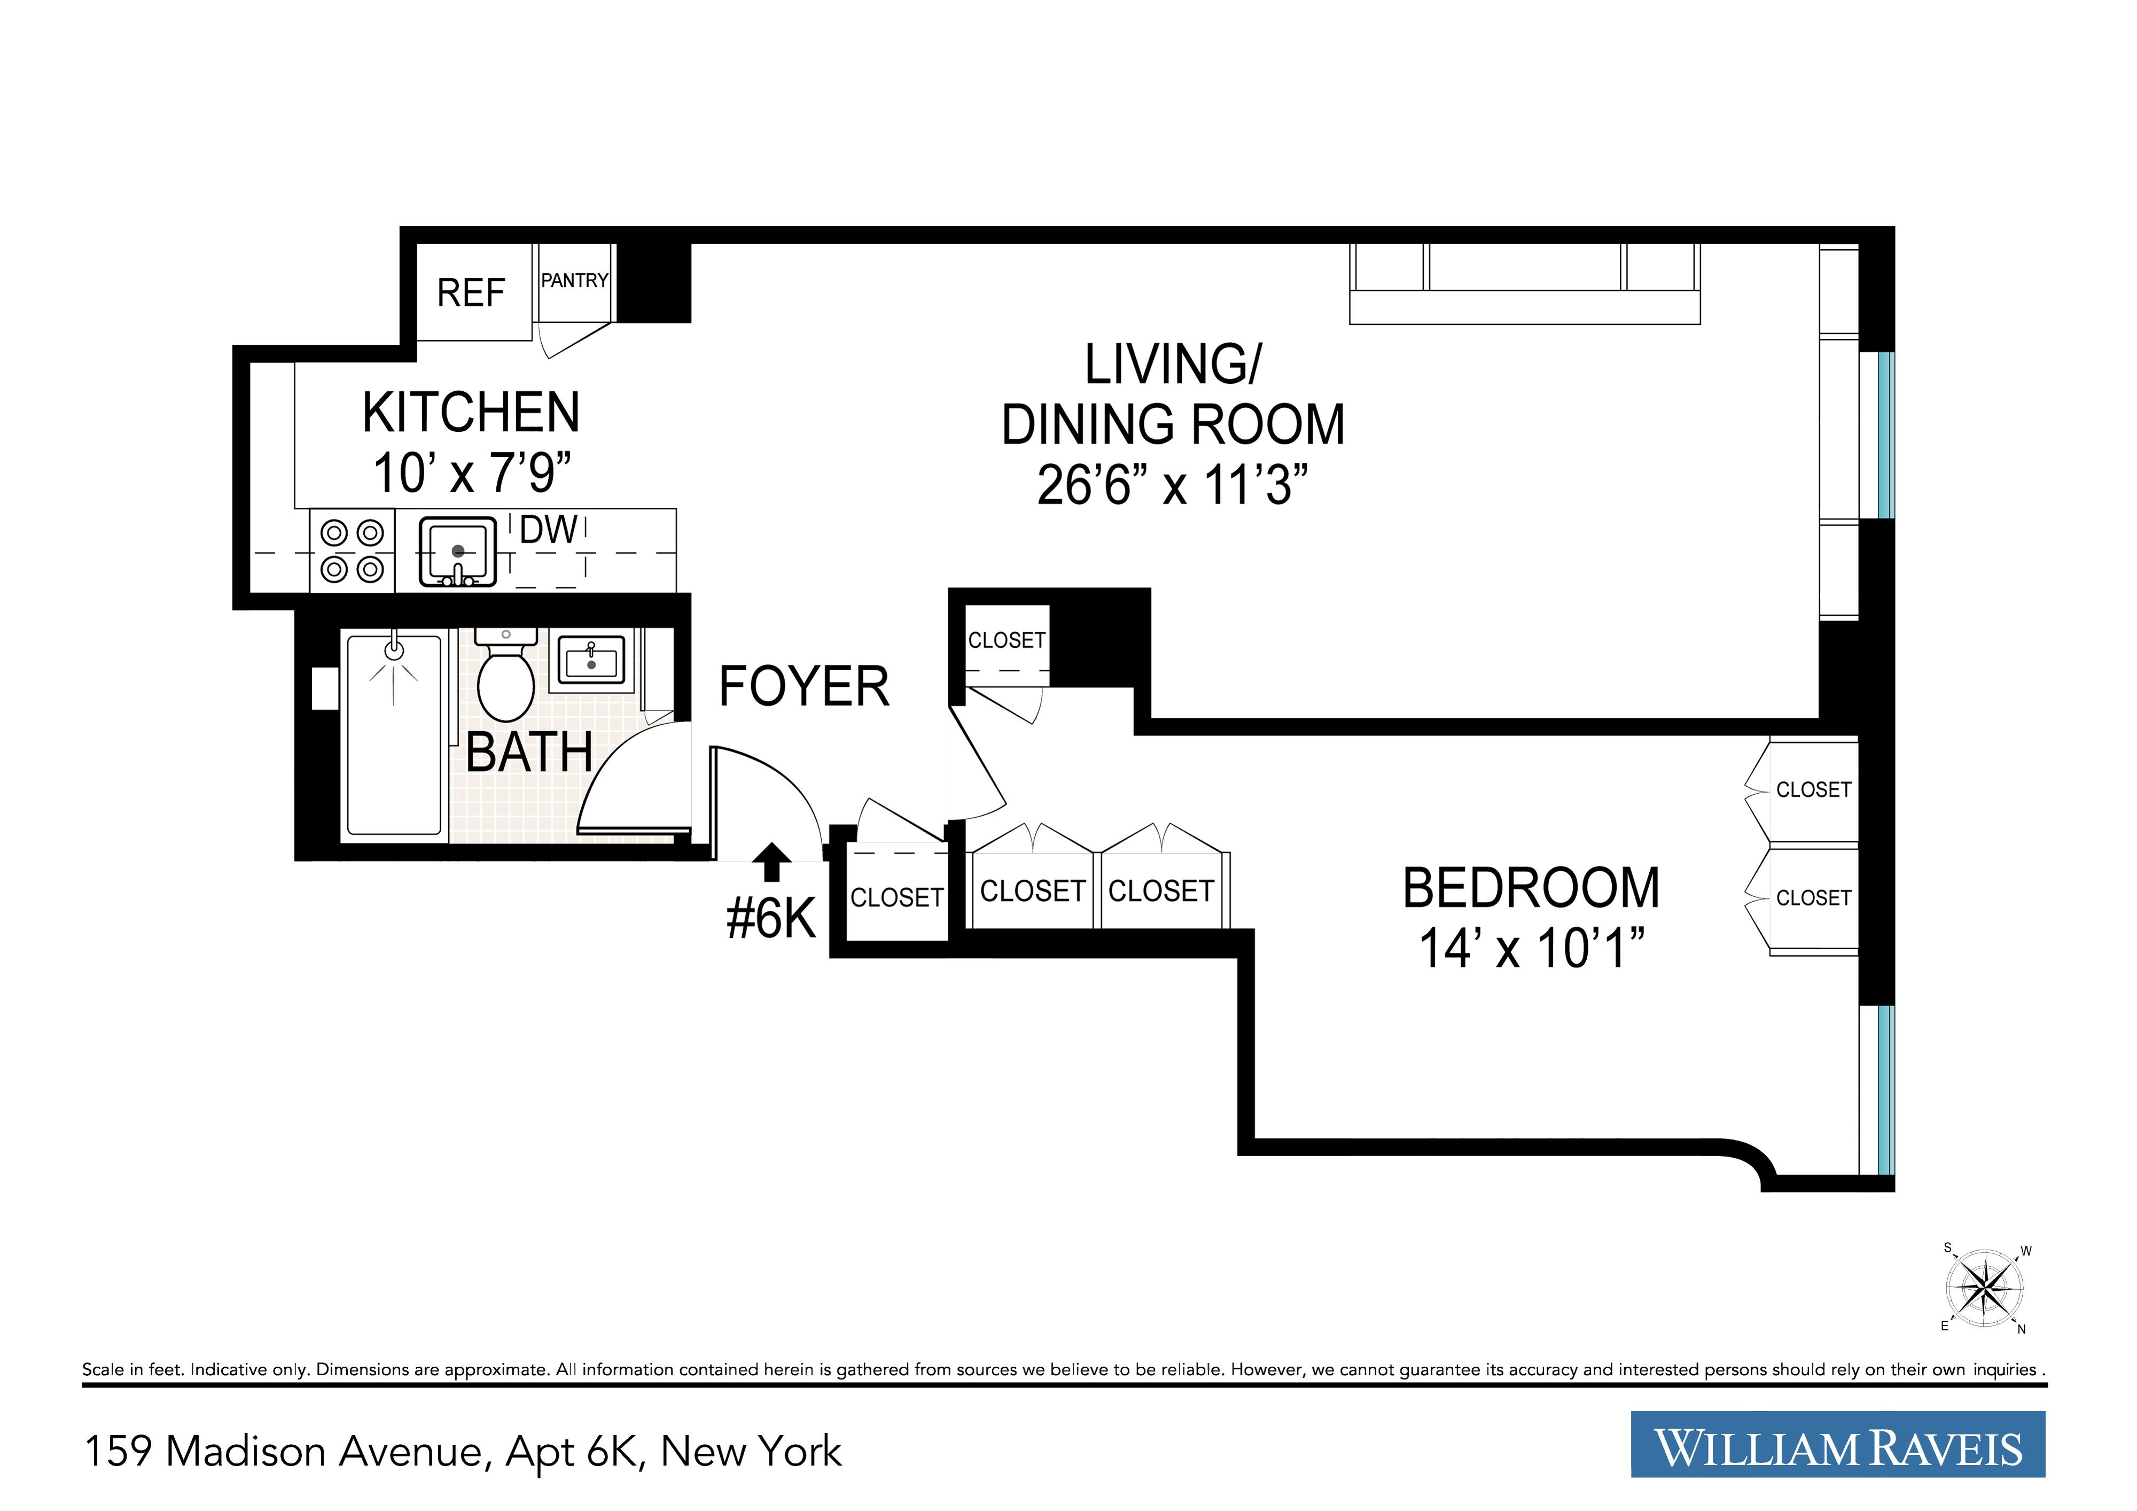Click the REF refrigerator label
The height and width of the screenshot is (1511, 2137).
point(471,293)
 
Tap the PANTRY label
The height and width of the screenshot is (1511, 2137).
point(574,280)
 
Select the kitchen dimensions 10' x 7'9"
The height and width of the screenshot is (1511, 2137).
point(471,473)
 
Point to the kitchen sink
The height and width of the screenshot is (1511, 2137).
point(457,552)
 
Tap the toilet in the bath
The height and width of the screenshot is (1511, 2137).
point(505,680)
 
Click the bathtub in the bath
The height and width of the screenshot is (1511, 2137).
point(394,735)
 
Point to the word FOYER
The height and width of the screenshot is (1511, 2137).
point(803,687)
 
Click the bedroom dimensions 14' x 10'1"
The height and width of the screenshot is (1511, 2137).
point(1531,949)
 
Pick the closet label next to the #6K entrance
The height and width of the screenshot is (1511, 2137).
point(896,897)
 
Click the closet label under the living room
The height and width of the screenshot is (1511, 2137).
point(1006,640)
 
